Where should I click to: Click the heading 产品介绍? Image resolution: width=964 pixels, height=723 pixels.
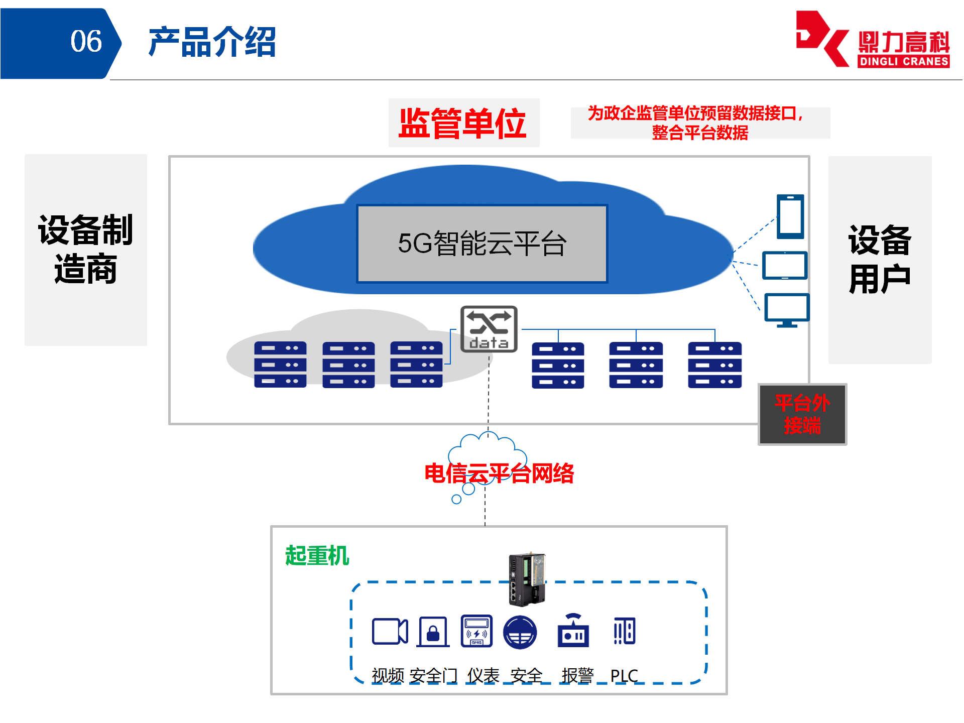tap(212, 42)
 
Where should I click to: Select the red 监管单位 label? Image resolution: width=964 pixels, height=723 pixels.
tap(462, 123)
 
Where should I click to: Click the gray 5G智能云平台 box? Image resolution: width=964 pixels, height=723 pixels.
tap(481, 244)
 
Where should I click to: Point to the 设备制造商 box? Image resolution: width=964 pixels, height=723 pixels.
tap(86, 250)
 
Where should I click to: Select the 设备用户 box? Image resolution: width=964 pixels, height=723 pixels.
tap(880, 260)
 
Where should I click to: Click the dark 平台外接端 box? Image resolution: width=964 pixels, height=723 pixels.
tap(802, 414)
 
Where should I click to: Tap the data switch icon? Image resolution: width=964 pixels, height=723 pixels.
tap(489, 329)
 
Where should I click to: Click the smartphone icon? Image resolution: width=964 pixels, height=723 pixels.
tap(790, 216)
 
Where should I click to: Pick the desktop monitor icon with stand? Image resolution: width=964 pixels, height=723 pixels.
tap(787, 310)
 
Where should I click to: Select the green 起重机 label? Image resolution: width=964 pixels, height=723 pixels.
tap(317, 556)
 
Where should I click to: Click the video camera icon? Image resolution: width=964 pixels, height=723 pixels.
tap(390, 631)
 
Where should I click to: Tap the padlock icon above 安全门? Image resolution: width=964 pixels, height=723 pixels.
tap(433, 631)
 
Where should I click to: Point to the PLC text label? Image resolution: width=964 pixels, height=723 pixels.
tap(624, 676)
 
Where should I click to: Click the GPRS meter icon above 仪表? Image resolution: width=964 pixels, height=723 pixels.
tap(476, 631)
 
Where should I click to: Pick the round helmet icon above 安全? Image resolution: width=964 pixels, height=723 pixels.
tap(520, 632)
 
